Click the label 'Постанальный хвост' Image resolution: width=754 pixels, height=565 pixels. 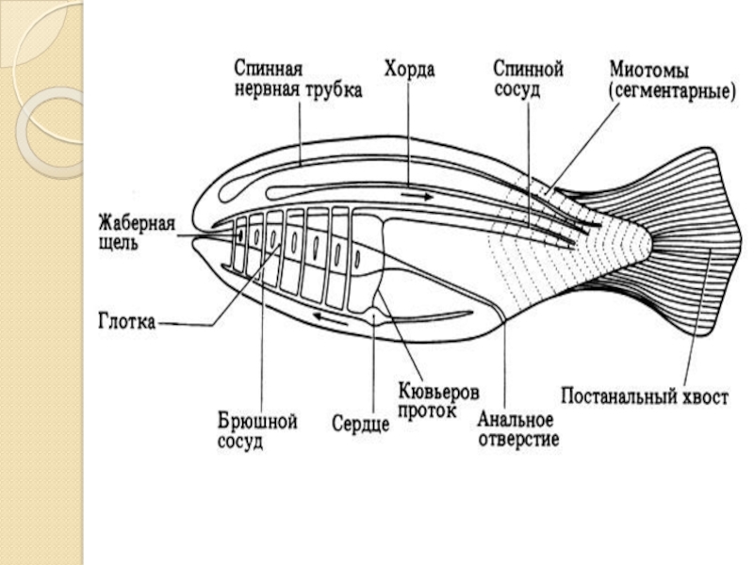pyautogui.click(x=645, y=396)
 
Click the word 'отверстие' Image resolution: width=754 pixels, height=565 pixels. pyautogui.click(x=518, y=438)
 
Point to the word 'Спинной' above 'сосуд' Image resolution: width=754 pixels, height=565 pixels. pyautogui.click(x=529, y=69)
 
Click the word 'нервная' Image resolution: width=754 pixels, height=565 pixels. pyautogui.click(x=267, y=90)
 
